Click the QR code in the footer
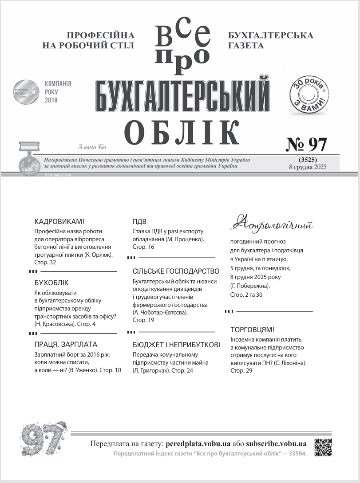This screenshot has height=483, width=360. click(323, 447)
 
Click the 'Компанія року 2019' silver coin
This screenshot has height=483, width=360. click(26, 92)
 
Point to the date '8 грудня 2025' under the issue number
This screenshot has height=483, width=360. click(308, 167)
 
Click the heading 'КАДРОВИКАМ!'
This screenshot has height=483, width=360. click(59, 221)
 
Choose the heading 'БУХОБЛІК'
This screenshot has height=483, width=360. click(51, 283)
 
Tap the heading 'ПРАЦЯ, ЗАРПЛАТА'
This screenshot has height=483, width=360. click(66, 344)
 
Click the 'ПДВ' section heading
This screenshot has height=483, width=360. click(139, 221)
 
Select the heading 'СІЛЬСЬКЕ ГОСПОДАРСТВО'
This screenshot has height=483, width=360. click(176, 271)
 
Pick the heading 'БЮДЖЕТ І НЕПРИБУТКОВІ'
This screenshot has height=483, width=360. click(176, 344)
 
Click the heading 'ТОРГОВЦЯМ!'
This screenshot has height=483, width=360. click(253, 330)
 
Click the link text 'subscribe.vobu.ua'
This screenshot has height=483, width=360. click(276, 444)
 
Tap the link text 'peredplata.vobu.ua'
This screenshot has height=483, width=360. click(198, 444)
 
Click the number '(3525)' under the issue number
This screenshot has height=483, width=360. click(308, 159)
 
